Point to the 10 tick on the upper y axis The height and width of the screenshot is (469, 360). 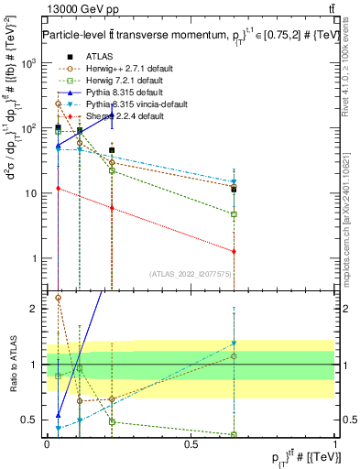coord(32,193)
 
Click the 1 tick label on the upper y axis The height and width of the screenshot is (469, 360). coord(37,258)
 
